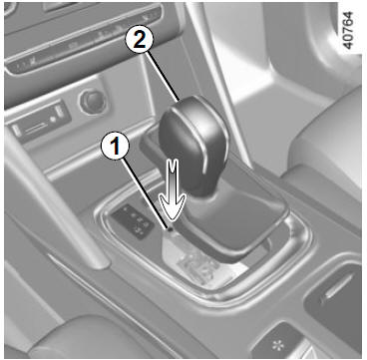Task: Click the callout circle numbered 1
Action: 115,148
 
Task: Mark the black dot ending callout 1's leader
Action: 171,228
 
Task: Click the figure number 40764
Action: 348,30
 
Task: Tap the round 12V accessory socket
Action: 93,102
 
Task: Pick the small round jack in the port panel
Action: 53,119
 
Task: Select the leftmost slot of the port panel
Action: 17,131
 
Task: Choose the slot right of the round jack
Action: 61,113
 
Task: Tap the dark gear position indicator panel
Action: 134,220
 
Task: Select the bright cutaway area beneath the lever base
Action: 196,262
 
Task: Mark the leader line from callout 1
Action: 145,193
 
